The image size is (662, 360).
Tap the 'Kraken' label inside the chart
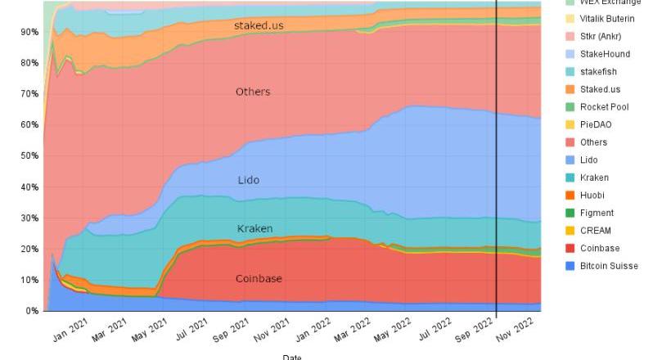254,228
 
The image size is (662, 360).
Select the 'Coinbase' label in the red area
259,279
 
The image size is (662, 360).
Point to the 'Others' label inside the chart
252,92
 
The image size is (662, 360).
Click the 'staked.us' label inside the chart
259,25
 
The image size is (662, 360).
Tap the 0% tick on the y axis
31,311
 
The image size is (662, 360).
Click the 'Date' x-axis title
291,356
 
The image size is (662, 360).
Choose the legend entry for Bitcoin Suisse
608,266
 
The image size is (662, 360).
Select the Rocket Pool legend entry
604,107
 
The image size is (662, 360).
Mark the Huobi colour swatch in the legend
570,196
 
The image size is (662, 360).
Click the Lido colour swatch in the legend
570,160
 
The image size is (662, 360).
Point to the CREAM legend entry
596,231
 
